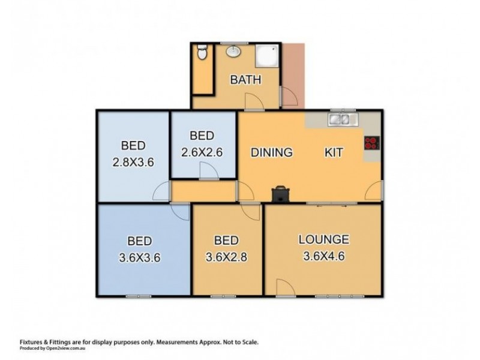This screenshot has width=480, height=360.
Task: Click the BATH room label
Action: coord(245,80)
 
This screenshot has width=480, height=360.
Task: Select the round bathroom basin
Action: coord(232,52)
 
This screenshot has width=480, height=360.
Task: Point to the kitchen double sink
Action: coord(342,119)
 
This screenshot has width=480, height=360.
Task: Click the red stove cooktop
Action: coord(371,143)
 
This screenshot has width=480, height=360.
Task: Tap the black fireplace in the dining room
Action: coord(281,193)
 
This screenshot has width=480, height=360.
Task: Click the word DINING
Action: coord(271,152)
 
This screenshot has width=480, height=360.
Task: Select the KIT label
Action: coord(334,152)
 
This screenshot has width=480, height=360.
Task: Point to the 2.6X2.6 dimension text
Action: coord(202,152)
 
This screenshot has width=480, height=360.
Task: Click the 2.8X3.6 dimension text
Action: coord(133,161)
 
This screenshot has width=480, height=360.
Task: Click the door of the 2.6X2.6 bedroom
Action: coord(209,172)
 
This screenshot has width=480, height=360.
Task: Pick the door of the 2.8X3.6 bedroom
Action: coord(161,192)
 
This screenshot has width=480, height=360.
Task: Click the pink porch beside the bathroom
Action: coord(294,75)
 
